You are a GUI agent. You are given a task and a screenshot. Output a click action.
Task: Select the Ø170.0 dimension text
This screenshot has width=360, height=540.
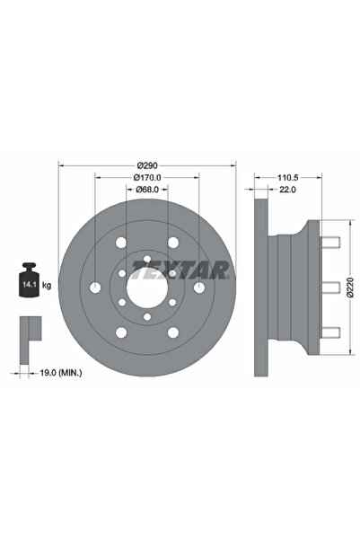[x=146, y=179]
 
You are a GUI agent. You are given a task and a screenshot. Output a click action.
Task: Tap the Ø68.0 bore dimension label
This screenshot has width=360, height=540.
[x=146, y=190]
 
